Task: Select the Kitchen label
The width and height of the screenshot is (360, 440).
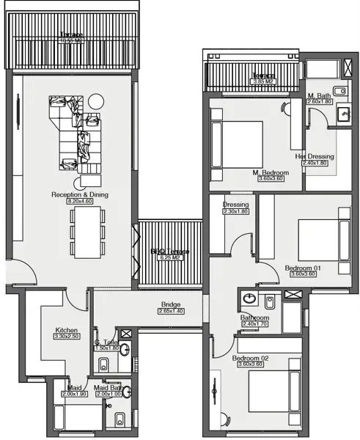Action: pyautogui.click(x=67, y=330)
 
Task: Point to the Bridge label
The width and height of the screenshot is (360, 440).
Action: pyautogui.click(x=171, y=305)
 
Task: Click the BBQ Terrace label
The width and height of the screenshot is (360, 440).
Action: pyautogui.click(x=170, y=252)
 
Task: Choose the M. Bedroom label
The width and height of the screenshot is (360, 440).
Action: pyautogui.click(x=271, y=172)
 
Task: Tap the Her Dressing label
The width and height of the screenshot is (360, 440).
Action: pyautogui.click(x=315, y=156)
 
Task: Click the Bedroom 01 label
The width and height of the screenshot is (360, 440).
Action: pyautogui.click(x=303, y=268)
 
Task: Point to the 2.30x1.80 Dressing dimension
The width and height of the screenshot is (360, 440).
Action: pyautogui.click(x=236, y=212)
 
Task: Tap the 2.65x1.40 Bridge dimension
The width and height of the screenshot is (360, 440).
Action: pyautogui.click(x=171, y=312)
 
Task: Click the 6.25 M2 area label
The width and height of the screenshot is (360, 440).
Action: pyautogui.click(x=170, y=258)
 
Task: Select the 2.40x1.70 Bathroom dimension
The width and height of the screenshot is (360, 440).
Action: pyautogui.click(x=255, y=324)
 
